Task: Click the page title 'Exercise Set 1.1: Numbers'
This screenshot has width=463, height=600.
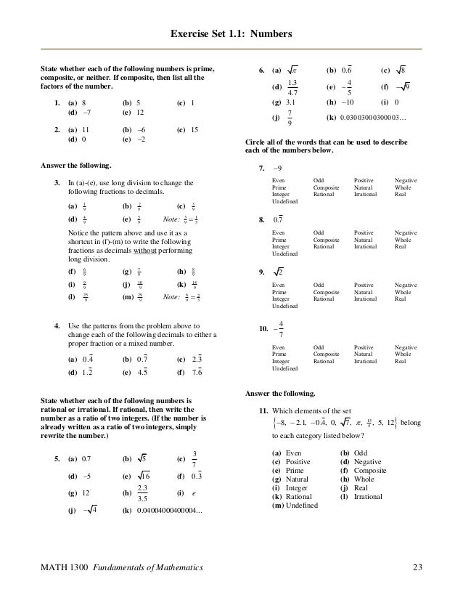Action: tap(231, 33)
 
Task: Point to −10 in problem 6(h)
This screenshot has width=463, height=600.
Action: tap(342, 102)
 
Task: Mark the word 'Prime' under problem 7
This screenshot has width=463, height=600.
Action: tap(279, 187)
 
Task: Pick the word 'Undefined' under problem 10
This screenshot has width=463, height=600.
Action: tap(284, 369)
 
